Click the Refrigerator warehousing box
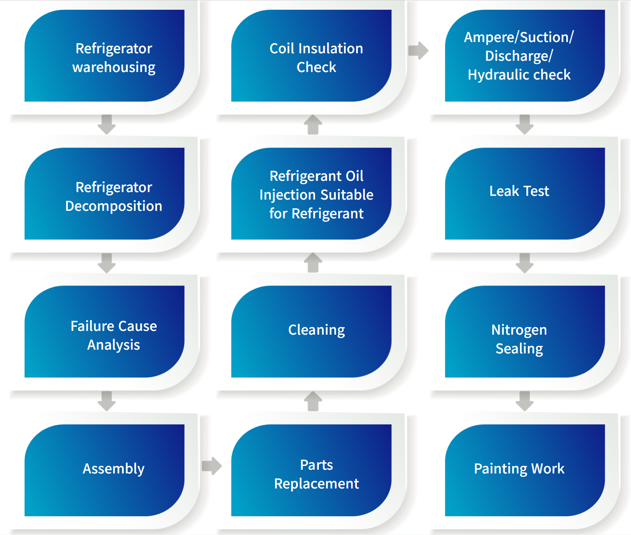point(104,56)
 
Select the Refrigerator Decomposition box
point(104,194)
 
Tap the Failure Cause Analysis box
point(104,332)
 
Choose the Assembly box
point(104,470)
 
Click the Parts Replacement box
point(311,470)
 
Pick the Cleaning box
point(311,332)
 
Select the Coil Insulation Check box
point(311,56)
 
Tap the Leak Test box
point(525,194)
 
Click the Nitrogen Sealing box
point(525,332)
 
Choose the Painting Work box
point(525,470)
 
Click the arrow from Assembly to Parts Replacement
point(212,466)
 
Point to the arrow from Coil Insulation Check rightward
point(418,50)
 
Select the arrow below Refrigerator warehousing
point(107,125)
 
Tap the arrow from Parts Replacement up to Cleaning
point(313,401)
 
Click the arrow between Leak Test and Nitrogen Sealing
point(524,263)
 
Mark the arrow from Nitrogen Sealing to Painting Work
point(524,401)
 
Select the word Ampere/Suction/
point(519,38)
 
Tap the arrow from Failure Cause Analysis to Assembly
point(107,401)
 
